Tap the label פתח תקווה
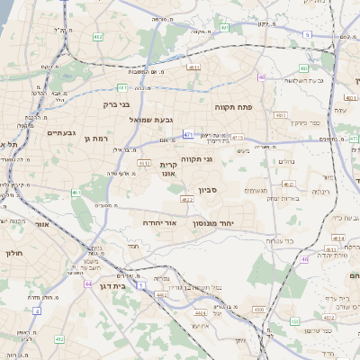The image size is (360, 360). pyautogui.click(x=232, y=107)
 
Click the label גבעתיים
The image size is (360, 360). pyautogui.click(x=58, y=132)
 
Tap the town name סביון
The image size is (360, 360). pyautogui.click(x=209, y=191)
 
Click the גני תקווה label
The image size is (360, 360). pyautogui.click(x=196, y=159)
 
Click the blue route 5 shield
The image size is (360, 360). pyautogui.click(x=307, y=34)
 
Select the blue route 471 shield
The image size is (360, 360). pyautogui.click(x=187, y=134)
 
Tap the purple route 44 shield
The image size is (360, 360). pyautogui.click(x=88, y=283)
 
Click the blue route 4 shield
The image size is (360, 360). pyautogui.click(x=37, y=309)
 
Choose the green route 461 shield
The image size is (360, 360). pyautogui.click(x=77, y=193)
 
